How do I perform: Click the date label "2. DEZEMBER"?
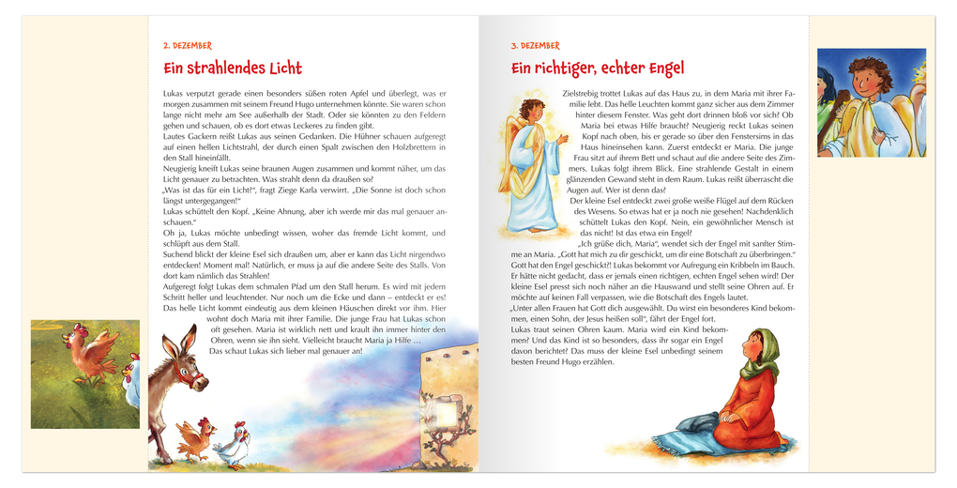click(x=188, y=45)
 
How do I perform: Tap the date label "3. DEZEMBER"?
click(x=535, y=45)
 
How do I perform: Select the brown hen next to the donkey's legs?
click(x=194, y=437)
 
